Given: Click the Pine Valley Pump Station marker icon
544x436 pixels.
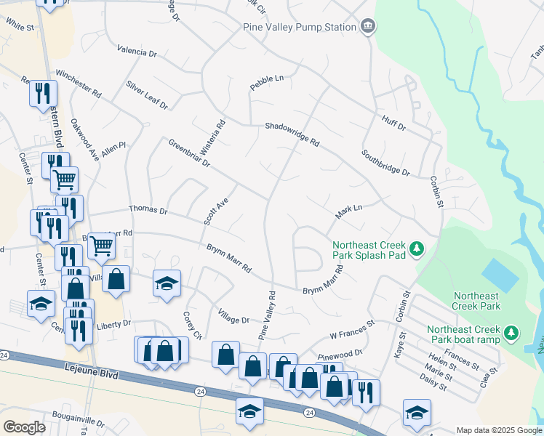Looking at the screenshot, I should click(368, 27).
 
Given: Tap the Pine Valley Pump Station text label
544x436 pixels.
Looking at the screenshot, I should click(299, 27).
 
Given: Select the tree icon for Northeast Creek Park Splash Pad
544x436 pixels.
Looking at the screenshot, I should click(417, 250).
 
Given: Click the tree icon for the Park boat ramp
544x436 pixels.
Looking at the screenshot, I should click(512, 333).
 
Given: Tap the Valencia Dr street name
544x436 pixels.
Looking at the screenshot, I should click(137, 52).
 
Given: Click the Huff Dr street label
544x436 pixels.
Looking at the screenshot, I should click(392, 122).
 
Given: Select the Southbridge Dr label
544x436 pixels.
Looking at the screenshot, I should click(385, 163).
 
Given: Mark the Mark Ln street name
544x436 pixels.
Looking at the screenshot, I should click(348, 212).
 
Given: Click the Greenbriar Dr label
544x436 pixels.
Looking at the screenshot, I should click(188, 153).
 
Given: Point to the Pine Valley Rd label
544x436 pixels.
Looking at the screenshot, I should click(267, 316).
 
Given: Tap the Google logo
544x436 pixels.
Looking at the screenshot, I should click(24, 427).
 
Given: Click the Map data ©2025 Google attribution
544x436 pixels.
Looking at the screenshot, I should click(499, 430).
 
